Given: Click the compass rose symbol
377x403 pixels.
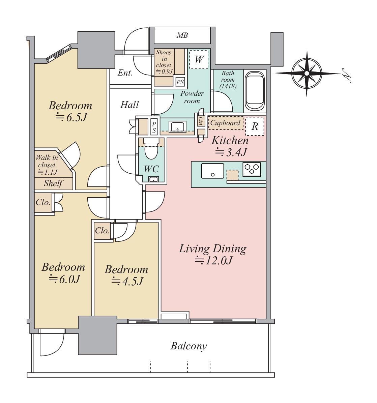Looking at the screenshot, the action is point(307,74).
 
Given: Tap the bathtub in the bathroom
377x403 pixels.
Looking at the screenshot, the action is point(255,91).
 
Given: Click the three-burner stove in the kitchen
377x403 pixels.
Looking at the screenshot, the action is point(252,169).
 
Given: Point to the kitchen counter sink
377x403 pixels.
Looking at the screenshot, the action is point(212,171).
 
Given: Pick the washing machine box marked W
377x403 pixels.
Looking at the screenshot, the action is point(199,59).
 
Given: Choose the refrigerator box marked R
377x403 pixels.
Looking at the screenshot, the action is point(255,126).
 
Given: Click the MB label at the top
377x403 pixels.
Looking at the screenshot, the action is point(182,35).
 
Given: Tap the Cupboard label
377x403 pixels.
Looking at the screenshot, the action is point(225,123).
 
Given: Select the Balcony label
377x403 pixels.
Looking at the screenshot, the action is point(188,346).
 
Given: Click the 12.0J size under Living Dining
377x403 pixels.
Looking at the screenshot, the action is point(213,261).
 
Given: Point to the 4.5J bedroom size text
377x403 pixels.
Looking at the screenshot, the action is point(127,282).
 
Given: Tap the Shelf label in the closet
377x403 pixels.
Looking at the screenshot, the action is point(53,183).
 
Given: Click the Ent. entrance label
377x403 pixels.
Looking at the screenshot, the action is point(125,73).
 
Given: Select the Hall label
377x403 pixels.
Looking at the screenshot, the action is point(129,105).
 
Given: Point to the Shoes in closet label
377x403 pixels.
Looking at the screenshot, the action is point(164,62).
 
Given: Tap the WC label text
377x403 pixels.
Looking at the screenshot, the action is point(151,169).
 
